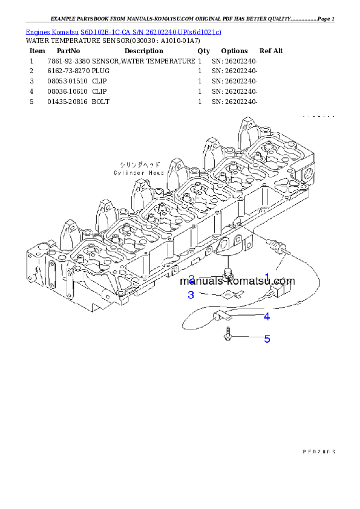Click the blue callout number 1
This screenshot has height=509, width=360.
click(x=266, y=277)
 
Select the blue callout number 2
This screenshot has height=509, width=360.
click(x=191, y=279)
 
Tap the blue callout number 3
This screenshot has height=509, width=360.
click(x=191, y=295)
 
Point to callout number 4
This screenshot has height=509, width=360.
click(x=266, y=316)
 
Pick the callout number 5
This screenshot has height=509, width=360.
click(x=267, y=339)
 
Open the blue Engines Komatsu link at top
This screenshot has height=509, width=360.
click(x=123, y=31)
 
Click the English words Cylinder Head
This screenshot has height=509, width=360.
click(x=139, y=172)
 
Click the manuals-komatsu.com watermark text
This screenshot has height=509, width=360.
click(x=237, y=281)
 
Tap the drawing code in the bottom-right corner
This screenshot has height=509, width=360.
click(x=318, y=452)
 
